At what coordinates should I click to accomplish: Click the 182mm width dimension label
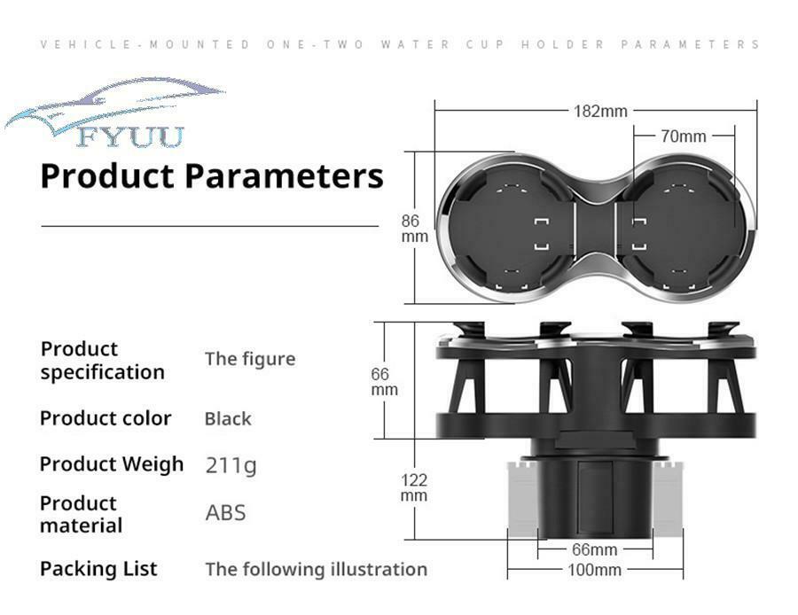tap(600, 111)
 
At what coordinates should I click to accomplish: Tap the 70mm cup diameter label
tap(683, 136)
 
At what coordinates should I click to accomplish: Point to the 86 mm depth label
tap(414, 229)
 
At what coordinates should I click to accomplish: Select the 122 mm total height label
tap(414, 487)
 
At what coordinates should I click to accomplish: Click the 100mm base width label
tap(594, 569)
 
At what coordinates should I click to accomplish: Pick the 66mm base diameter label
tap(594, 549)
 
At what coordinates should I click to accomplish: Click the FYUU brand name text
tap(131, 136)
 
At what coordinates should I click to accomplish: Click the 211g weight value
tap(231, 465)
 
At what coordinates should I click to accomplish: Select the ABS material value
tap(225, 512)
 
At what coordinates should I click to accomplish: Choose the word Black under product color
tap(228, 418)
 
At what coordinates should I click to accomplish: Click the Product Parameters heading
tap(212, 175)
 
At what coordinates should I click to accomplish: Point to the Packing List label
tap(98, 568)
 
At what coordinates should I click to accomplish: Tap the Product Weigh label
tap(112, 464)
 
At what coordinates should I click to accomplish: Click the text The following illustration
tap(316, 569)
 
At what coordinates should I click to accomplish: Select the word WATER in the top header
tap(416, 44)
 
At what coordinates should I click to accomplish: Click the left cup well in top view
tap(511, 230)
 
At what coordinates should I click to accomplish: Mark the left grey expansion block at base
tap(522, 499)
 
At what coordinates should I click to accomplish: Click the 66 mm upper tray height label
tap(384, 382)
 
